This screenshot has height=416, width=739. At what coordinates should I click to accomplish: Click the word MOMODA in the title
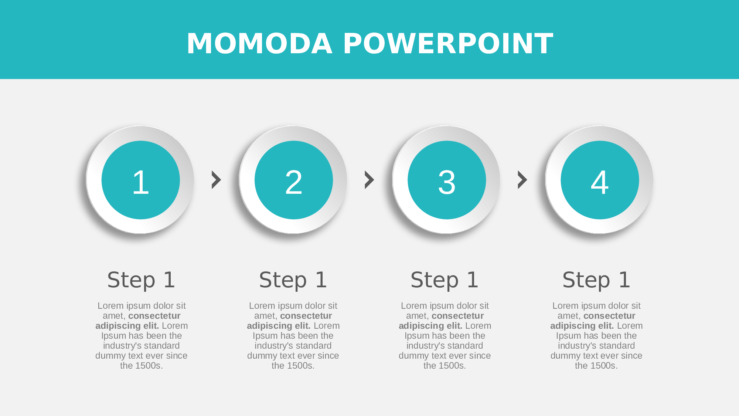[259, 44]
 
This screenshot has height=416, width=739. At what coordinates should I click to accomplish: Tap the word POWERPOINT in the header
[448, 44]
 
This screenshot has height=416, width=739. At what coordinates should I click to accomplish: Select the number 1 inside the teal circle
[141, 182]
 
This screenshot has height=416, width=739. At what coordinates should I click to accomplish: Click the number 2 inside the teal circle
[294, 182]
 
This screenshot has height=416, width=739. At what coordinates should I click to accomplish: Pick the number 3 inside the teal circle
[447, 182]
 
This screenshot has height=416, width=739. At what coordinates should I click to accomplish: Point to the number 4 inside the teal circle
[600, 182]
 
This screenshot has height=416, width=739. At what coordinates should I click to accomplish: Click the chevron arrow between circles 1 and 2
[216, 180]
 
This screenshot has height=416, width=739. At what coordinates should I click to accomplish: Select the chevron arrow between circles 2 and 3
[369, 180]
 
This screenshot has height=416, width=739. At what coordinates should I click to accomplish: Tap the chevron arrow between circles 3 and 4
[522, 180]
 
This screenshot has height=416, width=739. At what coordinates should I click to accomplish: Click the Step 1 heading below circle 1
[141, 280]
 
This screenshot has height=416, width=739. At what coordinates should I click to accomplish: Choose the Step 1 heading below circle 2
[293, 280]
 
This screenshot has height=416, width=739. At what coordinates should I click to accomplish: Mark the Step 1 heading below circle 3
[445, 280]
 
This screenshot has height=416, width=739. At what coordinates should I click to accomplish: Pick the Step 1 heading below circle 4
[596, 280]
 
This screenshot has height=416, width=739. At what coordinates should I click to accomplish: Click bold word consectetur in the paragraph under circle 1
[154, 316]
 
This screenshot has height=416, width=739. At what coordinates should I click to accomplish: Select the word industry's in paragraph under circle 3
[423, 346]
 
